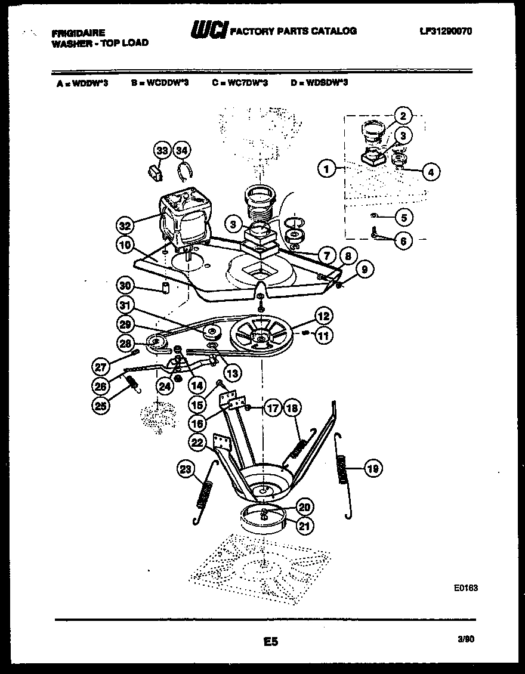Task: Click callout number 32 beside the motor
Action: click(124, 225)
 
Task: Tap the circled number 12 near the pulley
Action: click(323, 316)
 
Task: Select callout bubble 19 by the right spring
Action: click(373, 469)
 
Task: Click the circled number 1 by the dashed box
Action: click(326, 169)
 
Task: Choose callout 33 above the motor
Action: click(161, 150)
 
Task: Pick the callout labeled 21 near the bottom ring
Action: click(305, 525)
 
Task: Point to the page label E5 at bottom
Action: click(270, 642)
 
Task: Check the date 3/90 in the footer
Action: click(466, 639)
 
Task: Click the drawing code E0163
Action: click(465, 588)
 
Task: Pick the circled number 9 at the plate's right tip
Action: click(365, 270)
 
